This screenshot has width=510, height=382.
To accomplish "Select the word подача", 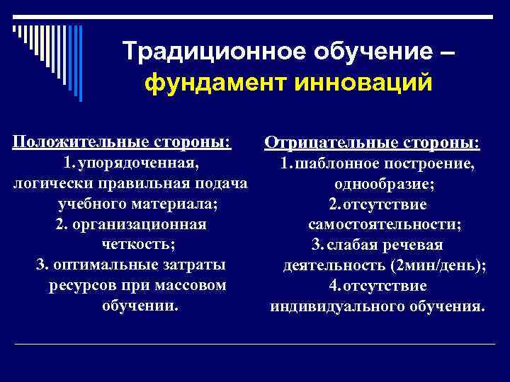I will coord(217,184).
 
